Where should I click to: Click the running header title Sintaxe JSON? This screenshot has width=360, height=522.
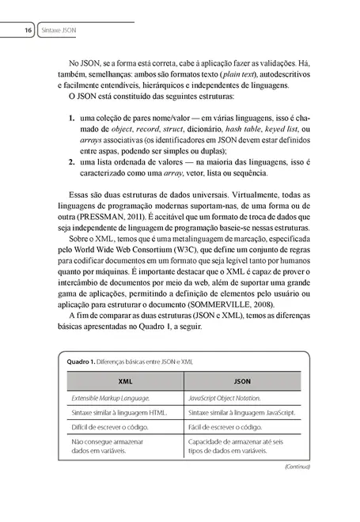[64, 31]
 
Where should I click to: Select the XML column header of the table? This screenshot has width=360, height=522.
[124, 380]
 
